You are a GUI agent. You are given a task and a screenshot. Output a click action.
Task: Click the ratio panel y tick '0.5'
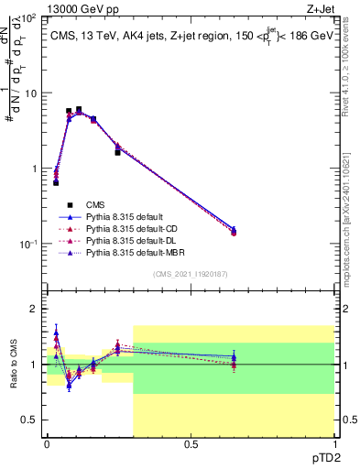coord(29,420)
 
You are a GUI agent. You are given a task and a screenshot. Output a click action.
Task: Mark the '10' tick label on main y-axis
coord(29,93)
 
